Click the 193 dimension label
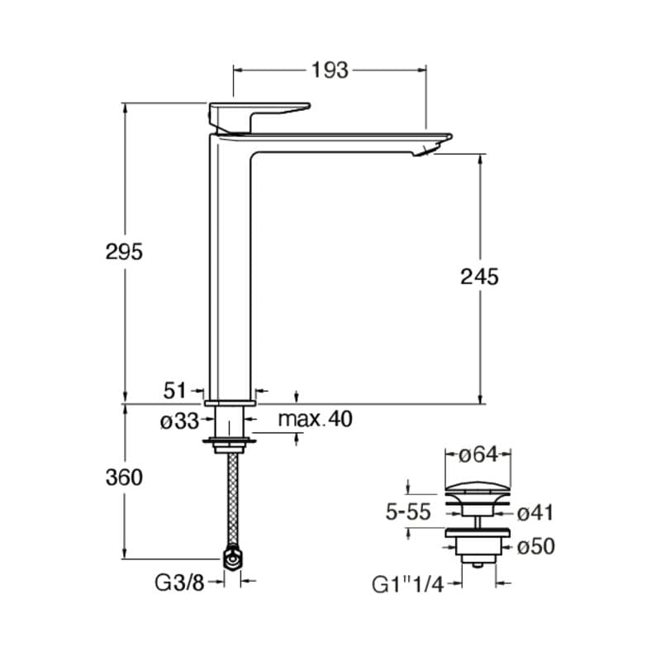point(330,70)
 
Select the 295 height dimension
point(125,252)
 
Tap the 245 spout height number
point(479,277)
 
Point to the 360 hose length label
point(125,478)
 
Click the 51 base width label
point(174,390)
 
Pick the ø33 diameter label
point(179,421)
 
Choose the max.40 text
point(316,419)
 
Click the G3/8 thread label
point(179,583)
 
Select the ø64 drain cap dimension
point(478,454)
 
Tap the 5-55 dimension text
point(408,512)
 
